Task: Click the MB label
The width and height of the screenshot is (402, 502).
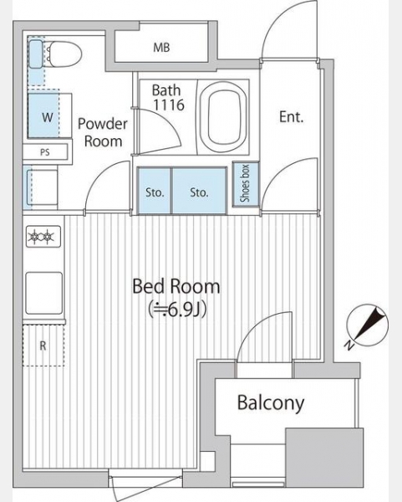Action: point(161,48)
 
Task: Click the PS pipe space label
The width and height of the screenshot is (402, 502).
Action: point(45,152)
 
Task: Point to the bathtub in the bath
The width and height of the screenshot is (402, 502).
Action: point(224,117)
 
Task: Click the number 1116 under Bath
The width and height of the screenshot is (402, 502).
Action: point(169,105)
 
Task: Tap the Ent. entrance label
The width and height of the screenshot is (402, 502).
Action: point(291,117)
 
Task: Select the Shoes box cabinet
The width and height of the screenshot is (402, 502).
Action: point(245,183)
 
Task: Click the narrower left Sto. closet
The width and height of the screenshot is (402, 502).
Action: point(154,191)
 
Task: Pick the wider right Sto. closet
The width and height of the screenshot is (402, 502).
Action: point(200,191)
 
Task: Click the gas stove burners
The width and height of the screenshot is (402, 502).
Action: point(43,237)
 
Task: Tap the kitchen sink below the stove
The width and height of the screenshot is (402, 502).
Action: point(43,293)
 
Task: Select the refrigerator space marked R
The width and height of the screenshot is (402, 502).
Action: point(43,345)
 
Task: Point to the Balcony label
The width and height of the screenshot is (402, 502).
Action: point(271,403)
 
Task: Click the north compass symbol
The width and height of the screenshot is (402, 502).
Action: point(368,324)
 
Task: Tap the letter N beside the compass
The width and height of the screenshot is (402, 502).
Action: point(349,346)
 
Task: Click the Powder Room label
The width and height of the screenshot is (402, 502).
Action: point(103,132)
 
